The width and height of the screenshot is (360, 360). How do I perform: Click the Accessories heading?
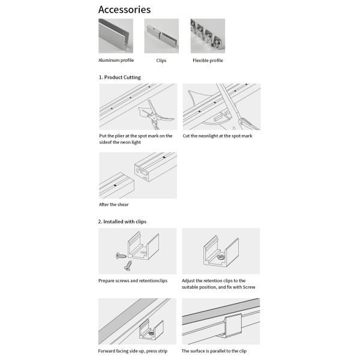pos(124,10)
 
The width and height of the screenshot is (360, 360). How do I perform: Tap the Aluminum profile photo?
pos(116,36)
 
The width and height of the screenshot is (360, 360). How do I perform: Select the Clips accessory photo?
pos(161,36)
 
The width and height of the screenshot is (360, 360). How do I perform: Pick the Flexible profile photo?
pos(206,36)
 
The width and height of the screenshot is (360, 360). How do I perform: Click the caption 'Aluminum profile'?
pos(116,60)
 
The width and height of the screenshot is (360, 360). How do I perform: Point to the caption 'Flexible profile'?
pos(208,60)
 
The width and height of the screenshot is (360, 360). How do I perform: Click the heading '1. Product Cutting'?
pos(120,77)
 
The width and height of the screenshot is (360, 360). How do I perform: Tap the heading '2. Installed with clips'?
pos(122,221)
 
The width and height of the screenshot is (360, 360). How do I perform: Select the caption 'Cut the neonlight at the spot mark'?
pos(217,136)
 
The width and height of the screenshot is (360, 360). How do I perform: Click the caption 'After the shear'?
pos(114,205)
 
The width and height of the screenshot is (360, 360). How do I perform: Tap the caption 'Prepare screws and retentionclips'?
pos(133,280)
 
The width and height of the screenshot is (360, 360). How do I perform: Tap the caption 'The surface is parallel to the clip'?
pos(214,351)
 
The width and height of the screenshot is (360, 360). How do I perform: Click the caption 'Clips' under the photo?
pos(161,60)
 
